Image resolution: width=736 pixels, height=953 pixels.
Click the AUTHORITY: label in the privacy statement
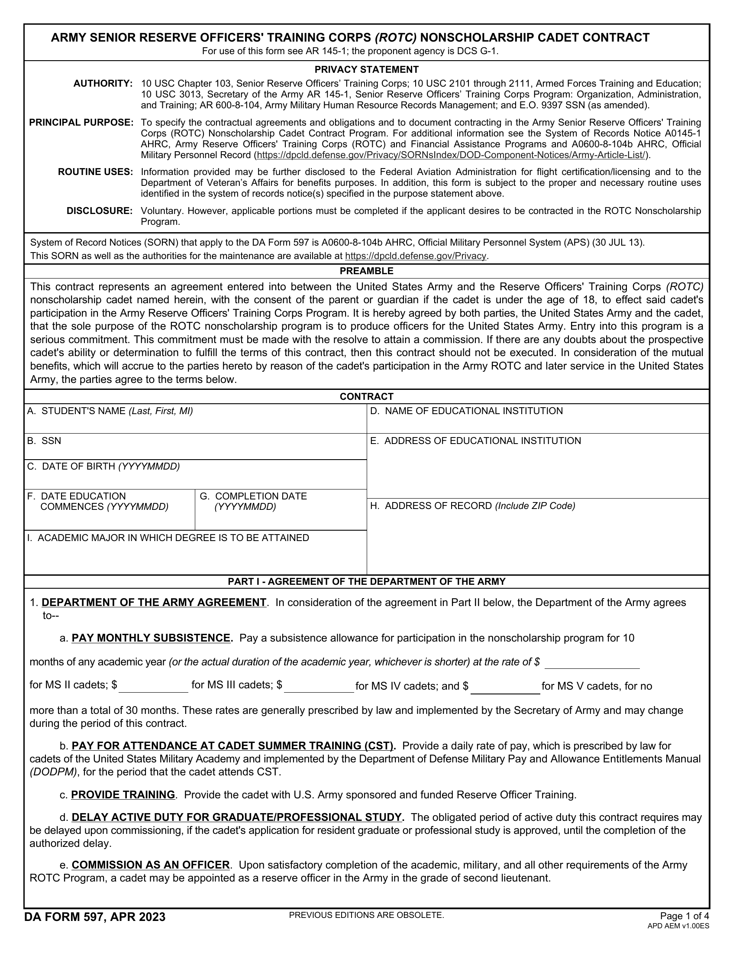(x=103, y=84)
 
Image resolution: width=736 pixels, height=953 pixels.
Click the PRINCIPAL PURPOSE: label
(x=81, y=123)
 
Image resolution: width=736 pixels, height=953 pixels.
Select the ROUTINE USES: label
(x=96, y=172)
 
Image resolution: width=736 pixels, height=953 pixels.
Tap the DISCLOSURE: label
(x=100, y=211)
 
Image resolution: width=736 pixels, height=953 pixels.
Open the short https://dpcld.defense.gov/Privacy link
(x=415, y=256)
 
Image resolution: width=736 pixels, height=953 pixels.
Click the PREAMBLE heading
(x=366, y=271)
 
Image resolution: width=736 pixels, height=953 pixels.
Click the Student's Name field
(x=195, y=424)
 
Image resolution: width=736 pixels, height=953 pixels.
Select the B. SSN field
(x=195, y=451)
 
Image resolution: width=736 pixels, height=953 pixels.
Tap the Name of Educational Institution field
(x=538, y=424)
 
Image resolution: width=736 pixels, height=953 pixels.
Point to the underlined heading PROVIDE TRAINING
(x=123, y=794)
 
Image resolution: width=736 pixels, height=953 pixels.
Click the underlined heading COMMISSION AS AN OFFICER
(x=150, y=865)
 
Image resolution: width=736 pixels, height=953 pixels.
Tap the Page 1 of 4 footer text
(x=684, y=916)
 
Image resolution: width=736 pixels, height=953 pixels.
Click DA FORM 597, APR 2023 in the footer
(x=95, y=917)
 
